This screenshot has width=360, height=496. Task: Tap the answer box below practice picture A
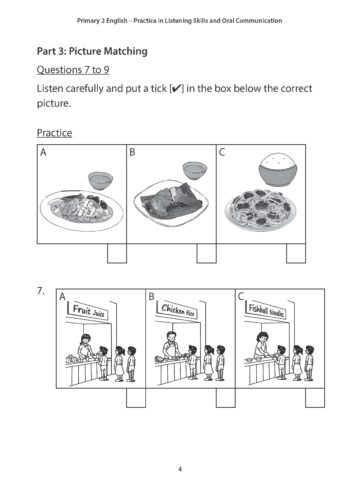(117, 255)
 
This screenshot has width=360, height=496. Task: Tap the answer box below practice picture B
(204, 255)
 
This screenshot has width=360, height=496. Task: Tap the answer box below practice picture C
(294, 255)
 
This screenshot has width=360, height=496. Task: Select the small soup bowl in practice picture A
(100, 180)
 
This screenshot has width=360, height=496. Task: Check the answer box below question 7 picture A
(137, 397)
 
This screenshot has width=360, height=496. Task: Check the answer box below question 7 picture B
(226, 397)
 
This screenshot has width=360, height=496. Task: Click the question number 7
(40, 291)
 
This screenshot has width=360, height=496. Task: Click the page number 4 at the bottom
(180, 468)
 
